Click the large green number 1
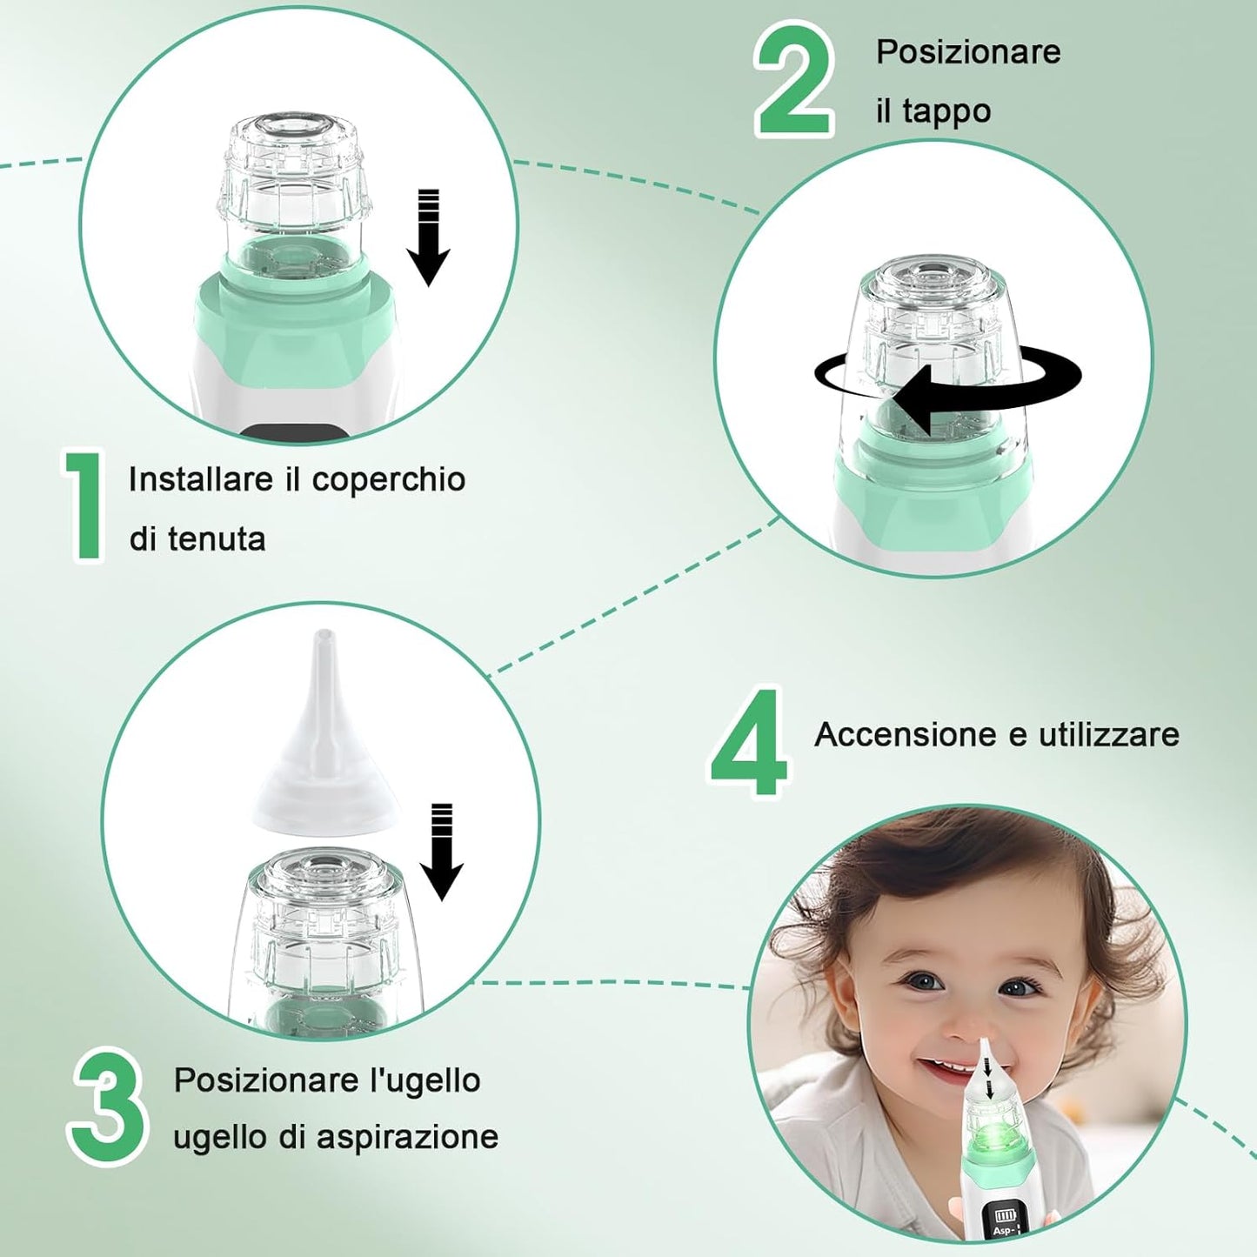point(83,505)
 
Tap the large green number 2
point(794,78)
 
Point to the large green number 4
point(748,742)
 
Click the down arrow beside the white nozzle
point(442,852)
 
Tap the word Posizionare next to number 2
point(968,52)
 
